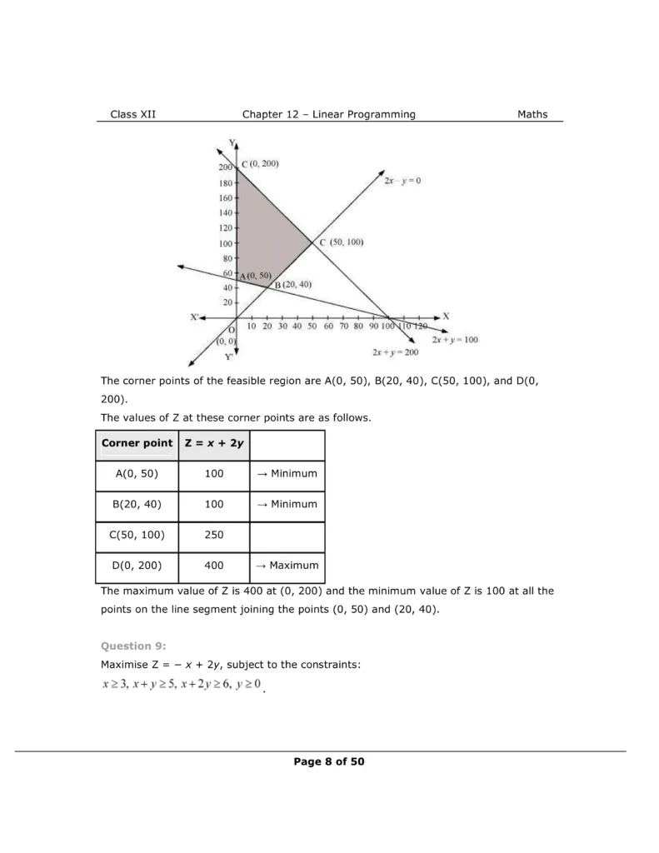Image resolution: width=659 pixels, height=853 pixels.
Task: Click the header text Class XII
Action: pyautogui.click(x=132, y=114)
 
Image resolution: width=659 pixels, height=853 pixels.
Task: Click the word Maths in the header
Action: pyautogui.click(x=532, y=114)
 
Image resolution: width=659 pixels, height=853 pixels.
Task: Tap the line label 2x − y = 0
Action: pyautogui.click(x=403, y=180)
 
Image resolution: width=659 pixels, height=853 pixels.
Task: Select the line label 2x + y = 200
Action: pyautogui.click(x=396, y=352)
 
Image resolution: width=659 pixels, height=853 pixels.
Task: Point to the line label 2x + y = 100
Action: pyautogui.click(x=455, y=340)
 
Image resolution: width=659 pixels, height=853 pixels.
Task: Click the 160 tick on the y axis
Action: pyautogui.click(x=227, y=198)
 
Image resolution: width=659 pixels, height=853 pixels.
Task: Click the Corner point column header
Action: pyautogui.click(x=137, y=443)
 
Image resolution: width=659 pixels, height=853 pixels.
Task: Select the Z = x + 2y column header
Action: pyautogui.click(x=213, y=443)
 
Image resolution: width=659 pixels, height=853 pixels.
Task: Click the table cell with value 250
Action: pyautogui.click(x=213, y=535)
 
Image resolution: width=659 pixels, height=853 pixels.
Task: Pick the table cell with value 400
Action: pyautogui.click(x=213, y=565)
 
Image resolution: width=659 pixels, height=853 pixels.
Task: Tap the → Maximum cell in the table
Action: pyautogui.click(x=287, y=565)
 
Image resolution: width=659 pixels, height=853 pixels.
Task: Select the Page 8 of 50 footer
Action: pyautogui.click(x=329, y=761)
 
